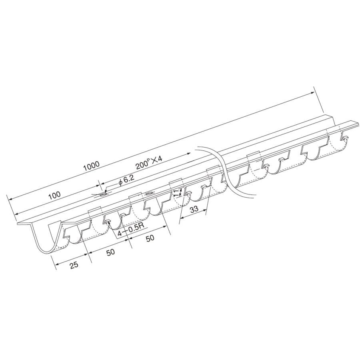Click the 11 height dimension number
[x=176, y=193]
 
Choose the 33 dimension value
[x=194, y=209]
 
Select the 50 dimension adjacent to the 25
[x=110, y=252]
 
